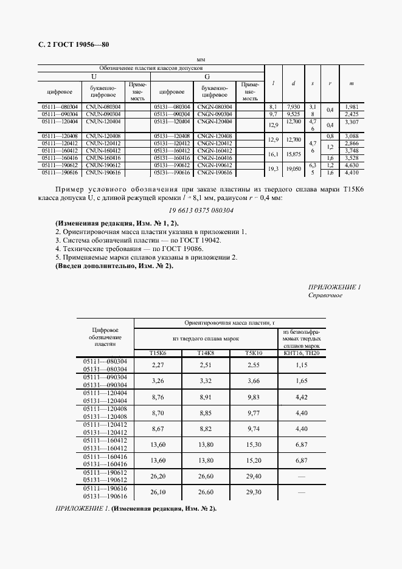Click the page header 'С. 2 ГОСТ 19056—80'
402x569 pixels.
[73, 44]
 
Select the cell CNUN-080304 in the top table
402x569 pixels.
[103, 106]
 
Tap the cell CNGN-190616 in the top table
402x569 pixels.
[215, 173]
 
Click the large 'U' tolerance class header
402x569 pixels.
[93, 77]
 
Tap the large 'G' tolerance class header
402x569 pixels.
[207, 77]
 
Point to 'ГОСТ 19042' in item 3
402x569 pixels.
[200, 240]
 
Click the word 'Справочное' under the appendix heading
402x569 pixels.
[325, 295]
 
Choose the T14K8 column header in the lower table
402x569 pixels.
[205, 353]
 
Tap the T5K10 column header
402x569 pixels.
[253, 353]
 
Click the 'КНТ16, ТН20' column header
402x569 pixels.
[301, 353]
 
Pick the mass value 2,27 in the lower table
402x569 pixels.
[158, 365]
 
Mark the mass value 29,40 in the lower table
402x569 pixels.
[253, 477]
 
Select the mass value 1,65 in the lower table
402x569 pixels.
[301, 381]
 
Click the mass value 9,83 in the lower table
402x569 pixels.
[253, 396]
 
